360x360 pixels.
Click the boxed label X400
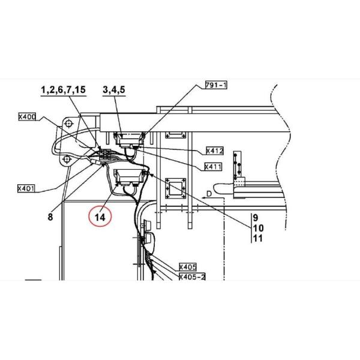tap(28, 117)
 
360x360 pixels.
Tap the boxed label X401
tap(26, 188)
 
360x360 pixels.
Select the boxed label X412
tap(215, 151)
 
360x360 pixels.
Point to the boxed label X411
tap(213, 167)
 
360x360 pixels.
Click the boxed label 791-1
tap(216, 85)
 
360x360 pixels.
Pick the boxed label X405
tap(188, 267)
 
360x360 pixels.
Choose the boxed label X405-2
tap(192, 277)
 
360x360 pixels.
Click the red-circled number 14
tap(100, 217)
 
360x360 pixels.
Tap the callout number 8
tap(50, 217)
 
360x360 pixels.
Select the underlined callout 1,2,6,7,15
tap(64, 89)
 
